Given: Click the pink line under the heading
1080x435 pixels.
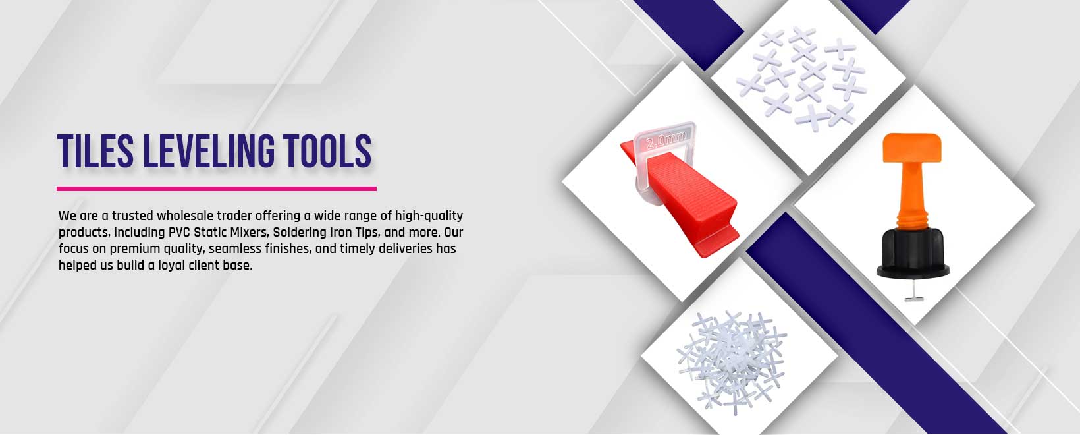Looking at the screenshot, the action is click(217, 188).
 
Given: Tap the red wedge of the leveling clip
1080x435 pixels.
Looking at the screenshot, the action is click(685, 203).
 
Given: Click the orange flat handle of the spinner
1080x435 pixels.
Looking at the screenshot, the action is click(911, 148).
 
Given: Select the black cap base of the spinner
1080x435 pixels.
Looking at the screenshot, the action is click(913, 254).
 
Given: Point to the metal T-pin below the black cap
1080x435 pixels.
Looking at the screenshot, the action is click(913, 291).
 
